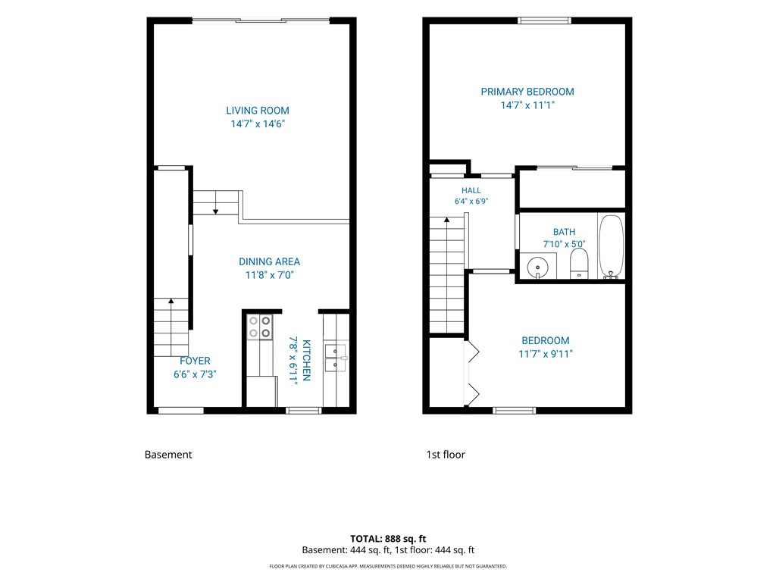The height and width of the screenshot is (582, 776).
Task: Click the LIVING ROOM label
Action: pos(258,111)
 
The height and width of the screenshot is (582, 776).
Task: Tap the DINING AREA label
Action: pos(269,261)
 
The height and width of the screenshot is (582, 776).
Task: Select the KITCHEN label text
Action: pos(306,360)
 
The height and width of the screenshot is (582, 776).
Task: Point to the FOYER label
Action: pos(195,361)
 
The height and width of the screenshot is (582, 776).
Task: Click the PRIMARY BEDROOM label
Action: pos(527,92)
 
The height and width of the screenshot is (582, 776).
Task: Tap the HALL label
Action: pos(471,190)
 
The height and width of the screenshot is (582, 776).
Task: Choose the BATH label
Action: pos(564,232)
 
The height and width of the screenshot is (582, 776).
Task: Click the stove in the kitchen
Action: pos(260,327)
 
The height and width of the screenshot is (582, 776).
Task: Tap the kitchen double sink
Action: pos(335,358)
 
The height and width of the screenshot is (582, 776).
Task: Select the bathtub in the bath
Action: pos(612,246)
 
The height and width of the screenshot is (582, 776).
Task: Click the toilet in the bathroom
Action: pos(579,263)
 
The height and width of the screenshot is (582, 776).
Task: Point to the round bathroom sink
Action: pos(537,268)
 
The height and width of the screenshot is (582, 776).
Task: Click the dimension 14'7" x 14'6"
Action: pos(258,124)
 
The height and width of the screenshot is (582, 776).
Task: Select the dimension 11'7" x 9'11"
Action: pos(546,354)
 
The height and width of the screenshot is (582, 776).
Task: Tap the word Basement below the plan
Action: pos(168,455)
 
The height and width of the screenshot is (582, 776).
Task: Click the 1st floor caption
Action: pos(446,455)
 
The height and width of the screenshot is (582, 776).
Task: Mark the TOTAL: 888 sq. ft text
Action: pos(388,539)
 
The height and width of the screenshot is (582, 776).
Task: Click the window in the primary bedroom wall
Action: pos(544,20)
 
